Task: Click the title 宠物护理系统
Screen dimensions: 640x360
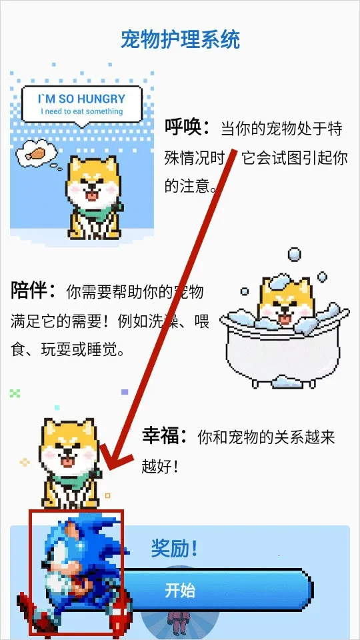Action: pos(180,40)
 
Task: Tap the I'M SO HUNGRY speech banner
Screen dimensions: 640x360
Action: pos(82,103)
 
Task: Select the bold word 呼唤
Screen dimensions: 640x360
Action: pos(187,127)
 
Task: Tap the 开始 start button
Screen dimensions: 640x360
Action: pos(200,591)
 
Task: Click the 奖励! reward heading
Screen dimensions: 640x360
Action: pos(174,549)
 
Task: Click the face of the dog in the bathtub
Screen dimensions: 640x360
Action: pos(284,309)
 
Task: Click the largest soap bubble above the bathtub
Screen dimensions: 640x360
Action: pos(293,254)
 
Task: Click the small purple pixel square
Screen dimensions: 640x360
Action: pos(125,392)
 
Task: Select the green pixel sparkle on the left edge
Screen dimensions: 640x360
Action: pos(15,393)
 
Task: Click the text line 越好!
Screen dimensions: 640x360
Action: pos(160,466)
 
